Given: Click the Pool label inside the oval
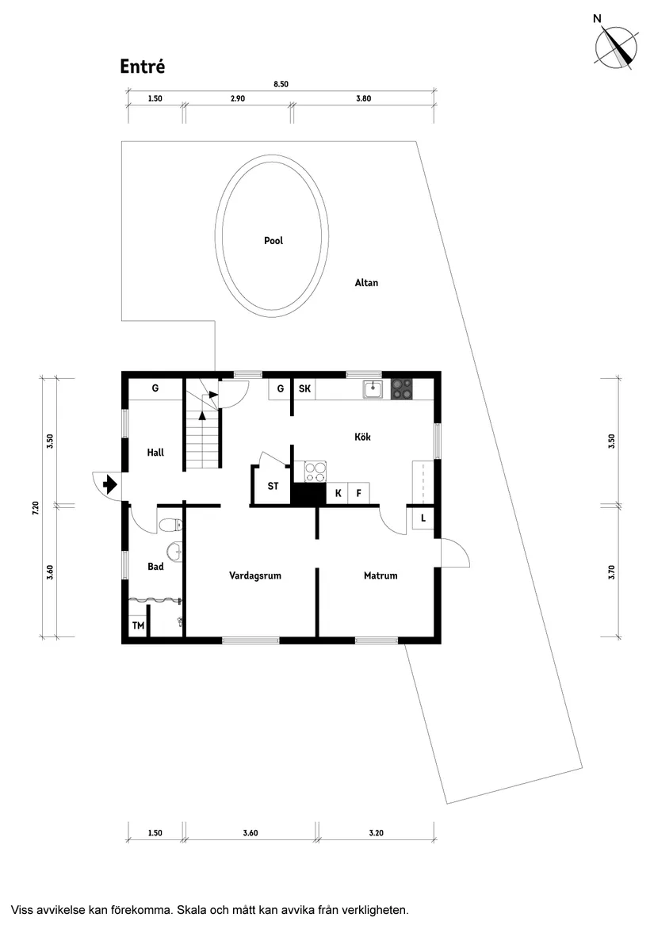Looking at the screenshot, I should pyautogui.click(x=273, y=241).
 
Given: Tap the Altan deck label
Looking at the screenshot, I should pyautogui.click(x=366, y=283).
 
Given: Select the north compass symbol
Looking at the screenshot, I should pyautogui.click(x=616, y=45).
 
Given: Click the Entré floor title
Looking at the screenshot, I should pyautogui.click(x=143, y=67).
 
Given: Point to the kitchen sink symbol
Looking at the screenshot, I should pyautogui.click(x=373, y=389).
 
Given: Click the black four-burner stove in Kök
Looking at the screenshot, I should pyautogui.click(x=402, y=389).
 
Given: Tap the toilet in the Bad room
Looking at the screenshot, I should pyautogui.click(x=169, y=526).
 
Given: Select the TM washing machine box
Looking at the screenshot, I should pyautogui.click(x=138, y=626).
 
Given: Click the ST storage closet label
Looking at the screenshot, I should pyautogui.click(x=272, y=487).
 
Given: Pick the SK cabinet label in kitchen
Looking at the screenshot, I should pyautogui.click(x=304, y=389).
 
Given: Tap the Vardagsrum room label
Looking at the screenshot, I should pyautogui.click(x=255, y=576).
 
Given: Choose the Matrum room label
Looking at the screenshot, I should pyautogui.click(x=381, y=576).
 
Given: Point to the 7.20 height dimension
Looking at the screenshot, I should pyautogui.click(x=35, y=507).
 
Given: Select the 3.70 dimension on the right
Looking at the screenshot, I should pyautogui.click(x=611, y=571).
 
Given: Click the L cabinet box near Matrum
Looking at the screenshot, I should pyautogui.click(x=423, y=518).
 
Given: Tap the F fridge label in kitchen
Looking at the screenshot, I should pyautogui.click(x=359, y=494).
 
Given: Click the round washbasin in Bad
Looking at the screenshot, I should pyautogui.click(x=174, y=549).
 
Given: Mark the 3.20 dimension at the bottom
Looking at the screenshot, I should pyautogui.click(x=377, y=833).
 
